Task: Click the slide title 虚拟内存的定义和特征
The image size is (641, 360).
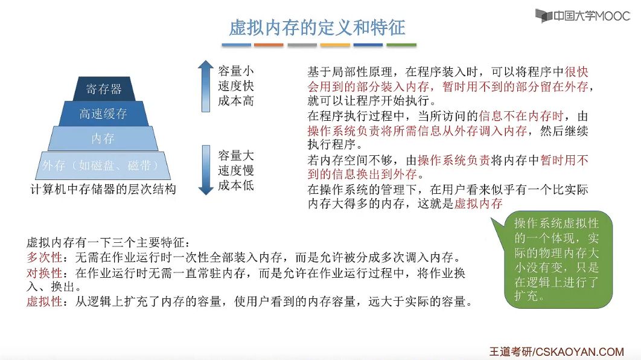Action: pos(317,27)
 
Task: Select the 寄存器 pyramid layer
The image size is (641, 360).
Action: pos(103,89)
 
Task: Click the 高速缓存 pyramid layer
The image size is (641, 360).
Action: pos(103,114)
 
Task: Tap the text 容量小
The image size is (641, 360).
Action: pos(236,71)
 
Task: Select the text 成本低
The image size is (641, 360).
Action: pos(236,185)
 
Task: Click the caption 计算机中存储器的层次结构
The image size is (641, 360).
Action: pos(103,189)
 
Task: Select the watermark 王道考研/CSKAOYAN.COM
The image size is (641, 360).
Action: pos(556,351)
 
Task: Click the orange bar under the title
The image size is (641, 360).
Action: pos(269,45)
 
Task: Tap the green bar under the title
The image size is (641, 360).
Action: pos(401,45)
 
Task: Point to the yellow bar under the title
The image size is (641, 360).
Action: pos(335,45)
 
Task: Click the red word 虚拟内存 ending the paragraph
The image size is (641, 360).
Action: pos(478,204)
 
